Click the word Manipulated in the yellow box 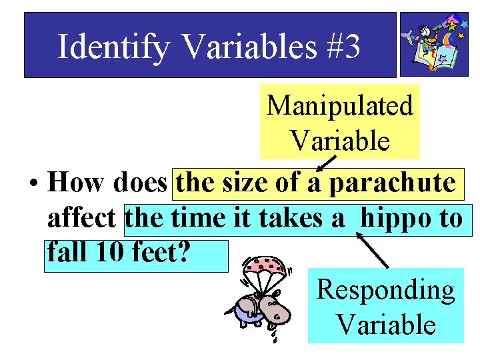click(340, 105)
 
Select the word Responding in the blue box click(385, 290)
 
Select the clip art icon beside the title click(434, 44)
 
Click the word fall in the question click(66, 254)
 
